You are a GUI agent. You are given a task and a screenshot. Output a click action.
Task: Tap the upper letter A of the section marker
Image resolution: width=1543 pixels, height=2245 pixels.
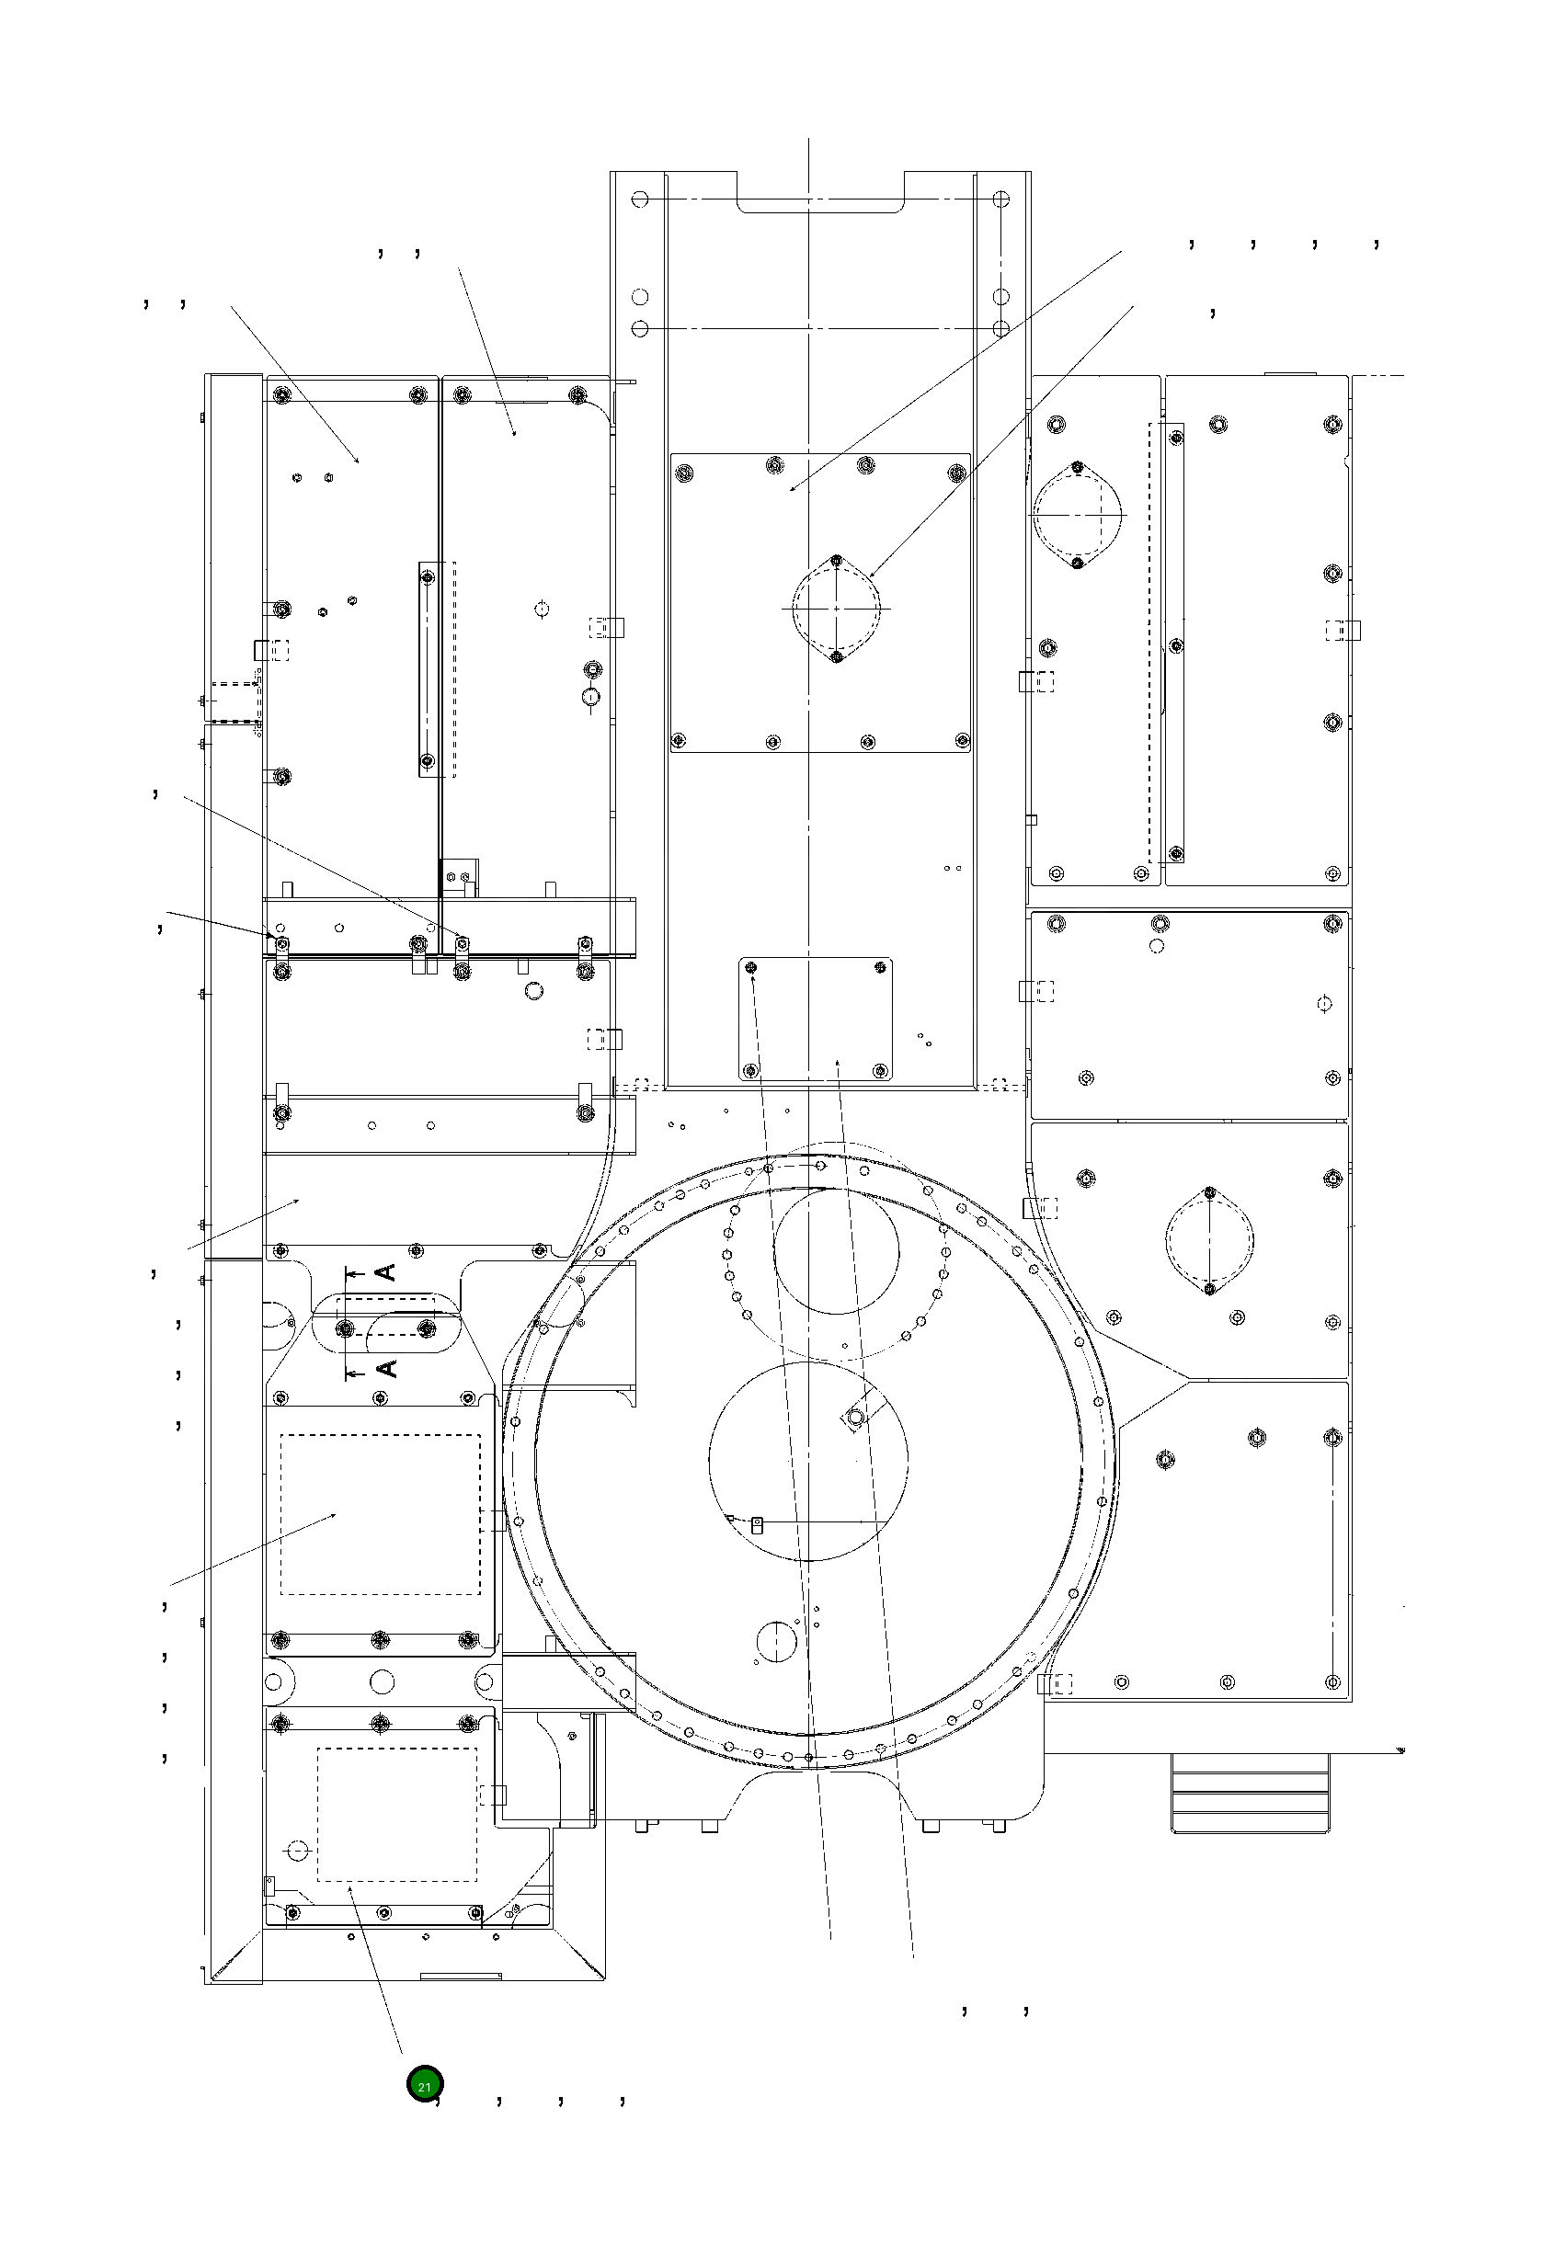pyautogui.click(x=386, y=1271)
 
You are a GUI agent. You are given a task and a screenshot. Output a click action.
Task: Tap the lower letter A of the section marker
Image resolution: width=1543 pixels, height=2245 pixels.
pyautogui.click(x=386, y=1367)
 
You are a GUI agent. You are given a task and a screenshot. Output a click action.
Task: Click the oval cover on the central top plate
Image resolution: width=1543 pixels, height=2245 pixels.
pyautogui.click(x=837, y=609)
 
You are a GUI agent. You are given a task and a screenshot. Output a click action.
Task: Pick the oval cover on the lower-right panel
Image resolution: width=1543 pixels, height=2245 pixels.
pyautogui.click(x=1209, y=1240)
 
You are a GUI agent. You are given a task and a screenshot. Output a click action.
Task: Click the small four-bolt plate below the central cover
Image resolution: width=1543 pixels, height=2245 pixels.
pyautogui.click(x=816, y=1019)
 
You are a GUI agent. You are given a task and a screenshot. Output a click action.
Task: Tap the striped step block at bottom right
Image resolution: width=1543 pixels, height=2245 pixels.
pyautogui.click(x=1249, y=1791)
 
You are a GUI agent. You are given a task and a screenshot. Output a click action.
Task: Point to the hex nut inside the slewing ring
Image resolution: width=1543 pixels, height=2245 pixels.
pyautogui.click(x=854, y=1418)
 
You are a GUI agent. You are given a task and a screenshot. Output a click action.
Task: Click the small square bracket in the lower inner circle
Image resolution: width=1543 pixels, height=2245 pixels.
pyautogui.click(x=758, y=1524)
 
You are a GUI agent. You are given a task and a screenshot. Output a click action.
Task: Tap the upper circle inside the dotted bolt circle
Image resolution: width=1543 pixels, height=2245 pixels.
pyautogui.click(x=836, y=1250)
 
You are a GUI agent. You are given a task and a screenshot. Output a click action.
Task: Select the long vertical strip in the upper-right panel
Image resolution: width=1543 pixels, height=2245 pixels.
pyautogui.click(x=1175, y=643)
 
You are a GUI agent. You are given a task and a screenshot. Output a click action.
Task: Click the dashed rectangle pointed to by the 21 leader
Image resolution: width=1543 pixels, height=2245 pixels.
pyautogui.click(x=397, y=1814)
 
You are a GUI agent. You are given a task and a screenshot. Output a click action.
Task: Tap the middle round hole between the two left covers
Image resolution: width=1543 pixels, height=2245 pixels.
pyautogui.click(x=381, y=1681)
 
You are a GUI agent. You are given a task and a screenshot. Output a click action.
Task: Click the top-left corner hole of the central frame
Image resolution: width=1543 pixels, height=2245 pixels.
pyautogui.click(x=639, y=200)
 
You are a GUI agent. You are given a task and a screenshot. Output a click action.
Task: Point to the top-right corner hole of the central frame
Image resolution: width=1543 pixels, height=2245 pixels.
pyautogui.click(x=1000, y=200)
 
